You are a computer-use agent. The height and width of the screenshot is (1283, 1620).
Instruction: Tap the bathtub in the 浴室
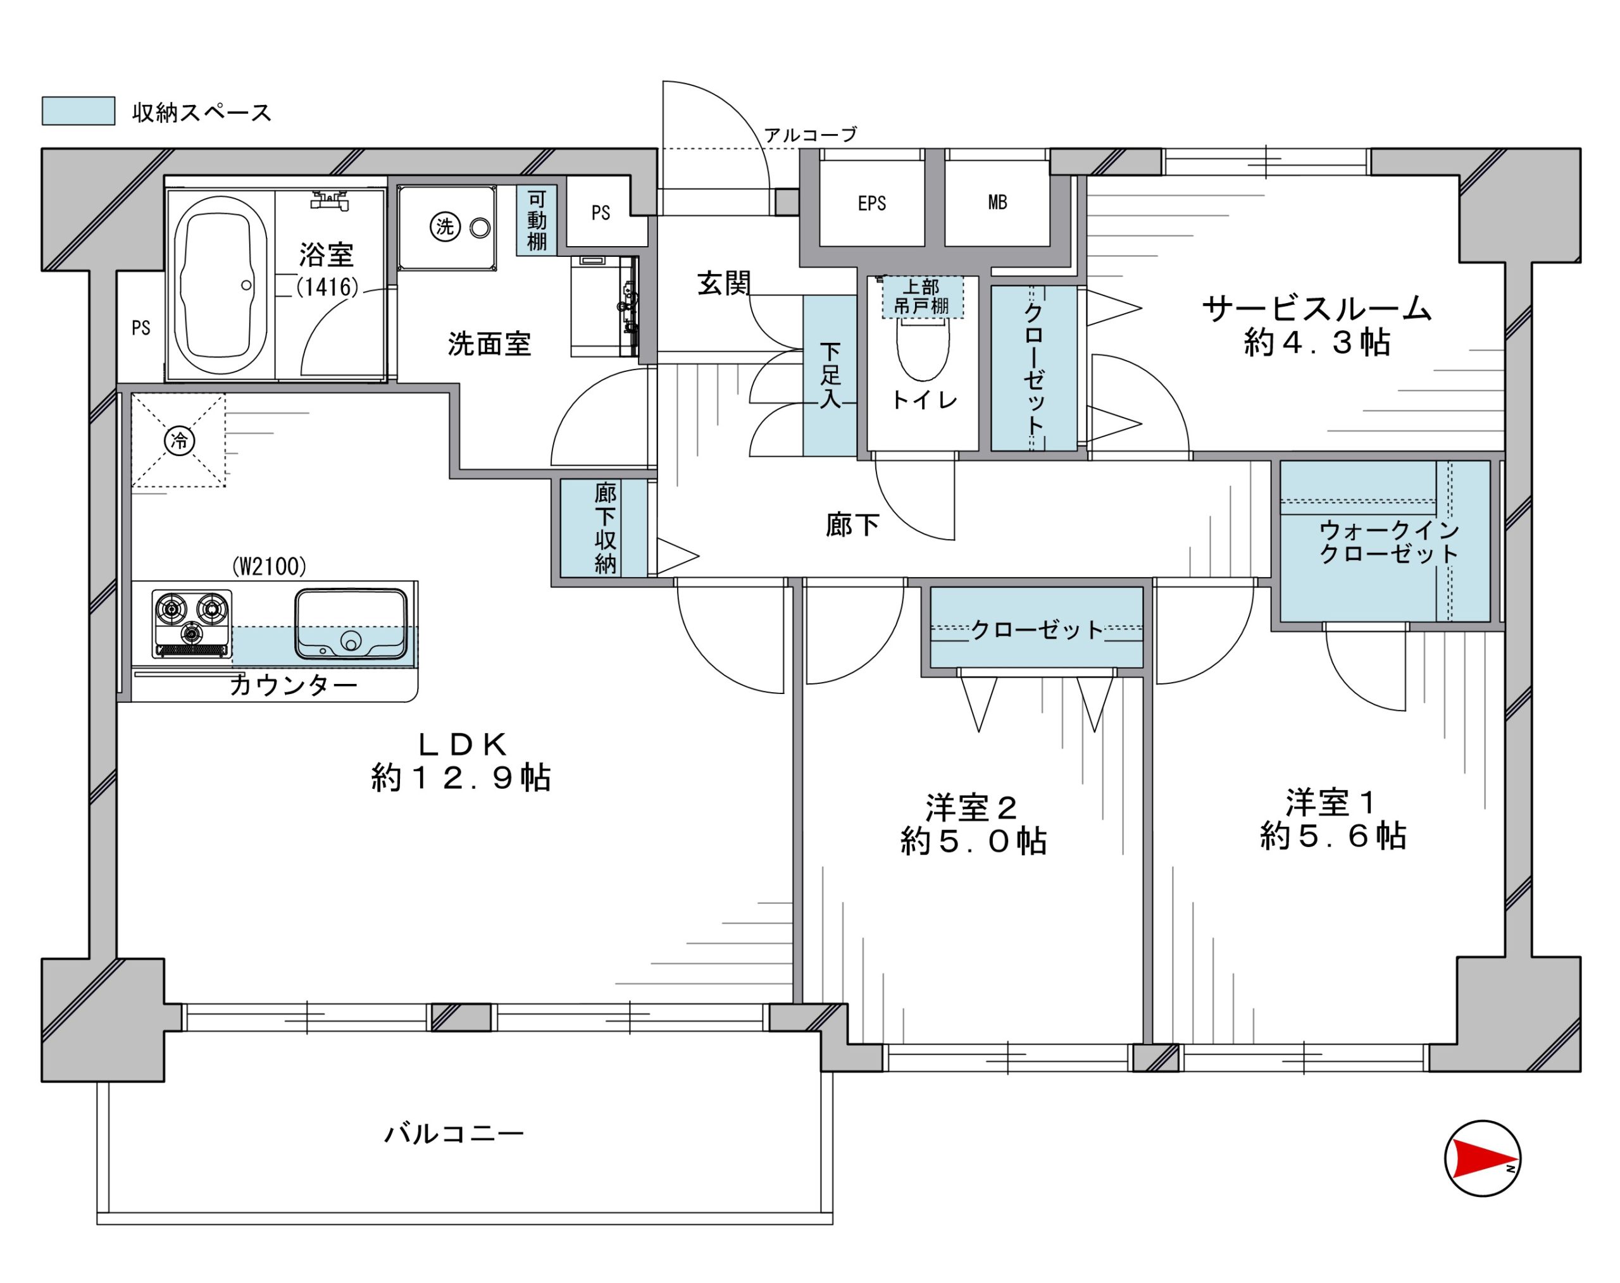click(220, 286)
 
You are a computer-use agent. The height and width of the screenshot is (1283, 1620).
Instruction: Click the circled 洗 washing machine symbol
click(445, 226)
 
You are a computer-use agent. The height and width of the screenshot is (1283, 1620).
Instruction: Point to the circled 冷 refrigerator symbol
click(180, 440)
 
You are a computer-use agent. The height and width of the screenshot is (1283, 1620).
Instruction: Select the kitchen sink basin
click(351, 624)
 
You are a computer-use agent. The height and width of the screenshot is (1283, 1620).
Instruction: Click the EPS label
click(871, 204)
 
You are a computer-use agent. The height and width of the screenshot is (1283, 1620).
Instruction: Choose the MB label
click(997, 202)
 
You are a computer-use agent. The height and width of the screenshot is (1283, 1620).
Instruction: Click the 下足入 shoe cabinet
click(830, 376)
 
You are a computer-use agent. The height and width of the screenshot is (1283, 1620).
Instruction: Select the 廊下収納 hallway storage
click(603, 528)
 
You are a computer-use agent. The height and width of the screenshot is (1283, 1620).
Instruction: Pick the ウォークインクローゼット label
click(1388, 542)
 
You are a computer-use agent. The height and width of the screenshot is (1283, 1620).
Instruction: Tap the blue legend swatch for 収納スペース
click(78, 111)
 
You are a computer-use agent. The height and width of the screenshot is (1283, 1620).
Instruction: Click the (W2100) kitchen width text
click(269, 566)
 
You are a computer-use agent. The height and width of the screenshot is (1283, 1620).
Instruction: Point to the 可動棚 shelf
click(537, 220)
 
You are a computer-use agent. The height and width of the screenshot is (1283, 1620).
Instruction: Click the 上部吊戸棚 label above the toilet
click(922, 297)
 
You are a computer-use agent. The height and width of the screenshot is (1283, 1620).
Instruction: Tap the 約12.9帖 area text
click(461, 778)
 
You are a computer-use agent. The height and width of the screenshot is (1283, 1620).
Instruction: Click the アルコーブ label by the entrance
click(810, 135)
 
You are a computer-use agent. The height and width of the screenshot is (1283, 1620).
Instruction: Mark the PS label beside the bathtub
click(140, 328)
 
